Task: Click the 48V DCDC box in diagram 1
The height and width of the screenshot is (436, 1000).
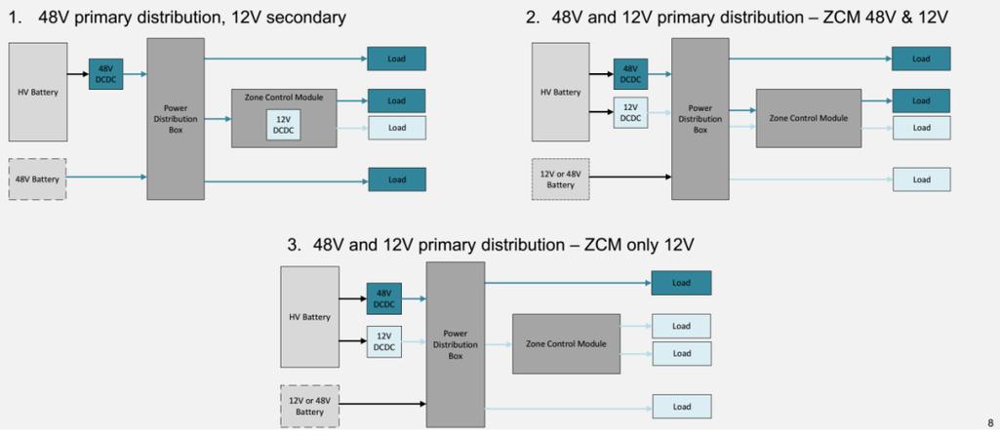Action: pos(105,74)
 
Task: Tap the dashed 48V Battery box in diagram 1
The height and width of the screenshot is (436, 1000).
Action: pos(38,179)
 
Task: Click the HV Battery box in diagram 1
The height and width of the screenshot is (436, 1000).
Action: pos(38,92)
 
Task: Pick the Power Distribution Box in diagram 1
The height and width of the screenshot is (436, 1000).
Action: pos(176,119)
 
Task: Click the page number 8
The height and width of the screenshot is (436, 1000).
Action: pos(990,423)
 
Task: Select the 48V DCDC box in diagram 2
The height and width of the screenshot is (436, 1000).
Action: pos(630,74)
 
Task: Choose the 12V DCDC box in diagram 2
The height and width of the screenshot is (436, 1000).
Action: pos(630,112)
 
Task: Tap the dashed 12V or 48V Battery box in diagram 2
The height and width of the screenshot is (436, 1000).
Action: pos(561,178)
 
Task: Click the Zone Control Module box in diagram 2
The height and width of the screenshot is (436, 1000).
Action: pos(808,118)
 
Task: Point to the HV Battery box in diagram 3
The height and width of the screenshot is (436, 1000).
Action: pos(309,316)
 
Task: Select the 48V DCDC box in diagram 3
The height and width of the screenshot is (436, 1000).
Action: pos(383,298)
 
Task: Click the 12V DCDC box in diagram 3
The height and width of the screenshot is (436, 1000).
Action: pos(383,341)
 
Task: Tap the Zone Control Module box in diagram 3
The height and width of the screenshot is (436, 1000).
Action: pos(566,343)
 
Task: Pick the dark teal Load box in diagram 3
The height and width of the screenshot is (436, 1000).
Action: pos(681,283)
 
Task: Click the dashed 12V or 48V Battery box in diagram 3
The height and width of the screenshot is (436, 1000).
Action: pos(309,406)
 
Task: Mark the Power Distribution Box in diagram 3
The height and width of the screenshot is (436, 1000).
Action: pos(455,343)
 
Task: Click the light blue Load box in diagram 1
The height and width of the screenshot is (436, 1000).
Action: pos(397,128)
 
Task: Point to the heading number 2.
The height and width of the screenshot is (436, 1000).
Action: pos(532,18)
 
